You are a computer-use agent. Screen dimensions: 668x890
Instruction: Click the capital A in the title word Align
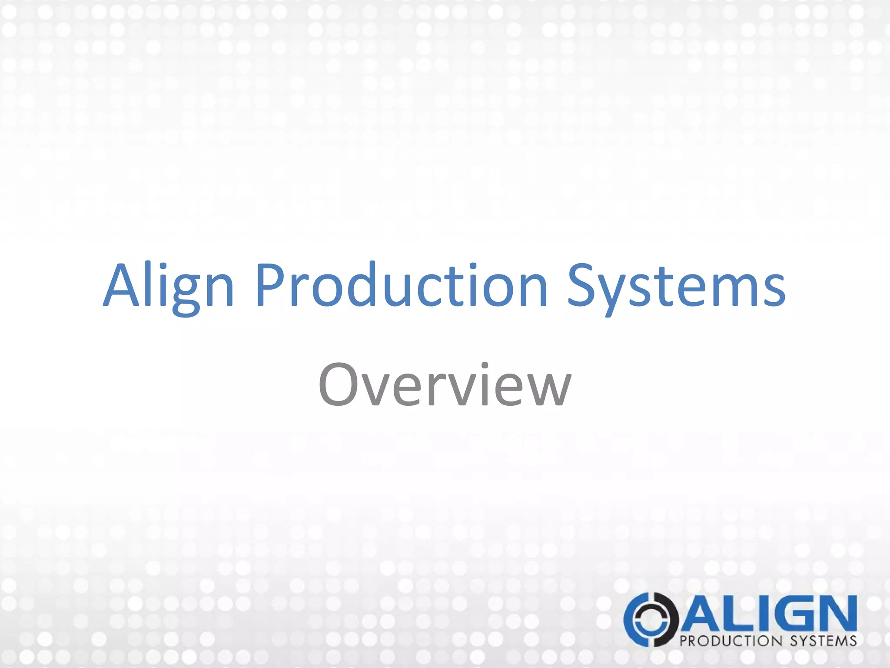[124, 285]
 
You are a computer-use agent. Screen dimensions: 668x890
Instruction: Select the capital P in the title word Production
[270, 285]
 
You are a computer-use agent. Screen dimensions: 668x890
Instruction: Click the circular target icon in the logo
[651, 619]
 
